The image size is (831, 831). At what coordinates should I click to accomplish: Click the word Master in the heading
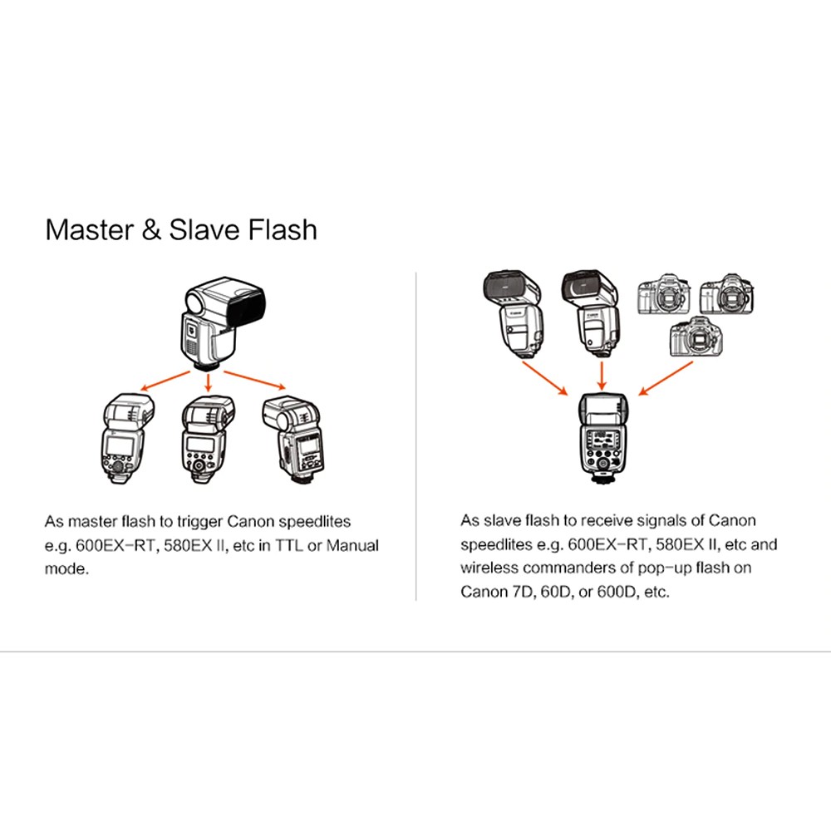point(90,230)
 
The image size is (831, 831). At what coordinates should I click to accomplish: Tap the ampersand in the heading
point(151,230)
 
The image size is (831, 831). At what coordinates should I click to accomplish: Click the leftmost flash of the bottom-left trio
point(128,438)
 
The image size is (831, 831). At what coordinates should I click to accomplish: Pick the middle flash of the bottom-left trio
point(207,439)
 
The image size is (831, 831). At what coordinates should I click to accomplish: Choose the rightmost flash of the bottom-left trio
point(293,440)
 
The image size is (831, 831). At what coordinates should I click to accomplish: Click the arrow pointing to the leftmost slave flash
point(165,381)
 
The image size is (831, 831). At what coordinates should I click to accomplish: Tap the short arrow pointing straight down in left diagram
point(209,382)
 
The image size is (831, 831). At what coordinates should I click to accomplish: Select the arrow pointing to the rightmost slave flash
point(255,380)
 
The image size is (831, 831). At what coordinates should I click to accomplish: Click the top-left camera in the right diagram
point(664,295)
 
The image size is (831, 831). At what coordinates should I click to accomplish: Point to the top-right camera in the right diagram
point(727,294)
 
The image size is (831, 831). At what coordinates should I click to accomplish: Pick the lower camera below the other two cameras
point(696,337)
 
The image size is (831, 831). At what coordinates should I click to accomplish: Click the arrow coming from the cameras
point(666,378)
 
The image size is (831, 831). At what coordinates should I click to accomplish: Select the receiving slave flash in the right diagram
point(602,438)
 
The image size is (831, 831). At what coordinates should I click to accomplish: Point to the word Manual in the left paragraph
point(352,545)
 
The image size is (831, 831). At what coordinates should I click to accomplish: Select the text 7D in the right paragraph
point(523,592)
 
